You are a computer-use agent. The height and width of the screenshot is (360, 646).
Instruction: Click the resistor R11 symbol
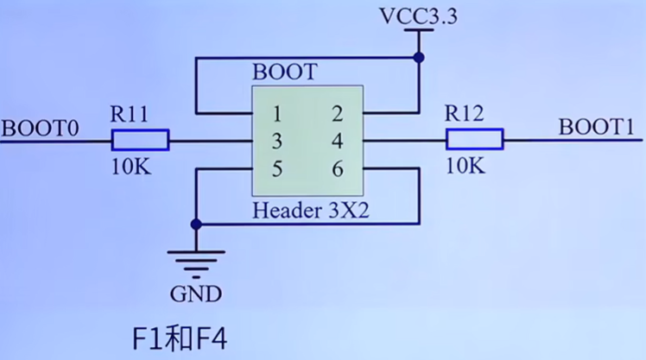(x=140, y=140)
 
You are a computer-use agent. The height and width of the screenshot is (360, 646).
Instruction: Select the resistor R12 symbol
(x=474, y=140)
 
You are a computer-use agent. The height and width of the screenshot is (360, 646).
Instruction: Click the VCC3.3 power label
(x=418, y=16)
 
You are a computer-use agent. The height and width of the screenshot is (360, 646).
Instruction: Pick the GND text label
(x=196, y=294)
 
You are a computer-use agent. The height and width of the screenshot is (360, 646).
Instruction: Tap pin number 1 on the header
(x=277, y=113)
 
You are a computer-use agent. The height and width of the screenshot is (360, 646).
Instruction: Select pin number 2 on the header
(x=337, y=113)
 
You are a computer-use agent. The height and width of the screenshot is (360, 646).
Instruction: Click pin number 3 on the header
(x=277, y=141)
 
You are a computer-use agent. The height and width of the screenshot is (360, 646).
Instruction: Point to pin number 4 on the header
(x=337, y=141)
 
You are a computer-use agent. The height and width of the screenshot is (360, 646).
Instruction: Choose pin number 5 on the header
(x=277, y=169)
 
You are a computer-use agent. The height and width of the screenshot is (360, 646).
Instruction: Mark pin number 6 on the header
(x=337, y=169)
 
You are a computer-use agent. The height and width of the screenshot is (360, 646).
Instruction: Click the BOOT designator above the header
(x=285, y=72)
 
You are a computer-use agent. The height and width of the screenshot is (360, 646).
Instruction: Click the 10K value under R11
(x=130, y=167)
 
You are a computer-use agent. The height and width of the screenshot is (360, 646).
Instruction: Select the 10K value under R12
(x=466, y=167)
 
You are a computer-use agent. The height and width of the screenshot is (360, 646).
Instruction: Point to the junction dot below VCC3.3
(x=419, y=58)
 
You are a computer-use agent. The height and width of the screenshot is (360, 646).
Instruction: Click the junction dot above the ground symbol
(x=196, y=224)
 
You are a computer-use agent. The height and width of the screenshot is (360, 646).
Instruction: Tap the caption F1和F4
(x=177, y=337)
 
